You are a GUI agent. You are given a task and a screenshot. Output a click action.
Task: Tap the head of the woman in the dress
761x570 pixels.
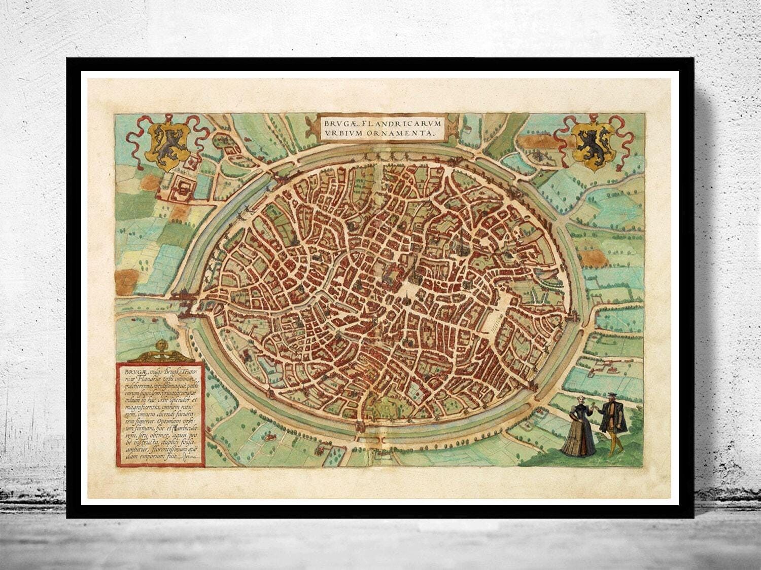point(579,399)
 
